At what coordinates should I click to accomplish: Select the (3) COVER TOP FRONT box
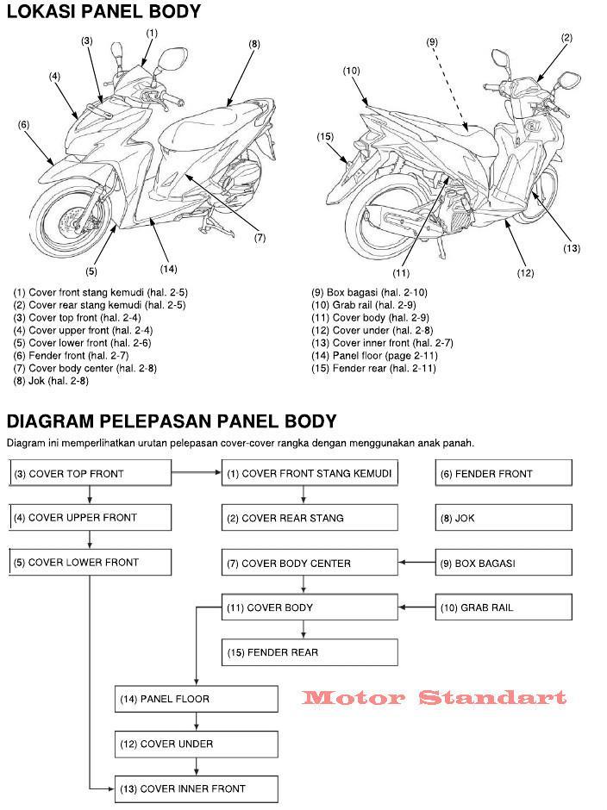pyautogui.click(x=90, y=473)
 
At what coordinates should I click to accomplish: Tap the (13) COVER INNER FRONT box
pyautogui.click(x=197, y=788)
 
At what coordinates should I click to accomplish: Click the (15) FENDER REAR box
pyautogui.click(x=309, y=652)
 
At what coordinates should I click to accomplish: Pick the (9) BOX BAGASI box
pyautogui.click(x=503, y=563)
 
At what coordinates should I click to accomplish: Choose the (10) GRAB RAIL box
pyautogui.click(x=503, y=607)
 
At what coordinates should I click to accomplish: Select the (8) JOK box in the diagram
pyautogui.click(x=503, y=518)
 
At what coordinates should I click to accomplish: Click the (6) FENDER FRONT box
pyautogui.click(x=503, y=473)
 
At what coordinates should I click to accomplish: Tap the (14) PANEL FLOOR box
pyautogui.click(x=197, y=699)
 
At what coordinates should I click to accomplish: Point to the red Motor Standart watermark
pyautogui.click(x=434, y=697)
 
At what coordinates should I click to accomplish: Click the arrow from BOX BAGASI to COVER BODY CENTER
pyautogui.click(x=416, y=563)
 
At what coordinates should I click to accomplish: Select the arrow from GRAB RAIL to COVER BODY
pyautogui.click(x=416, y=607)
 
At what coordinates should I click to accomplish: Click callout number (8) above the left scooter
pyautogui.click(x=254, y=44)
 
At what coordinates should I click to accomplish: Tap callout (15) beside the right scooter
pyautogui.click(x=325, y=137)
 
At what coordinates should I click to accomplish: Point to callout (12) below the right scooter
pyautogui.click(x=525, y=273)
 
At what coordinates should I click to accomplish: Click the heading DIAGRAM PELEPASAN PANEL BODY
pyautogui.click(x=172, y=421)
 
